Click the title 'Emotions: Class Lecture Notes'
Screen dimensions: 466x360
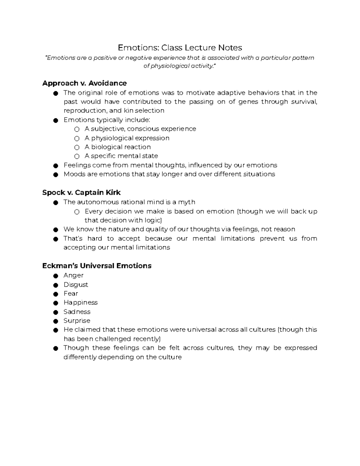180,48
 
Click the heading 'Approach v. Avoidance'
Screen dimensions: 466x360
84,83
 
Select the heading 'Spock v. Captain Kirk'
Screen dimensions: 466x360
81,193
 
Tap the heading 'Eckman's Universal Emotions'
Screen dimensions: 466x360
97,266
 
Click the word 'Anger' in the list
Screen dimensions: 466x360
73,275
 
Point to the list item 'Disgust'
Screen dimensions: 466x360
76,284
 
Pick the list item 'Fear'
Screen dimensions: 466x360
71,293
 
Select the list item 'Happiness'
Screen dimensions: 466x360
80,302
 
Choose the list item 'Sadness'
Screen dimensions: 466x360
77,312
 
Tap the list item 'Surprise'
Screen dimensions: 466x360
77,321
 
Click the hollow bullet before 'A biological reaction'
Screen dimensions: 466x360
77,148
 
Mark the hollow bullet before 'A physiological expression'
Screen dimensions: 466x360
77,139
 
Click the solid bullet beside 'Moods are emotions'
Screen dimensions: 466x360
55,175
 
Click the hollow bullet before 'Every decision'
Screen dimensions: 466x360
77,212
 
